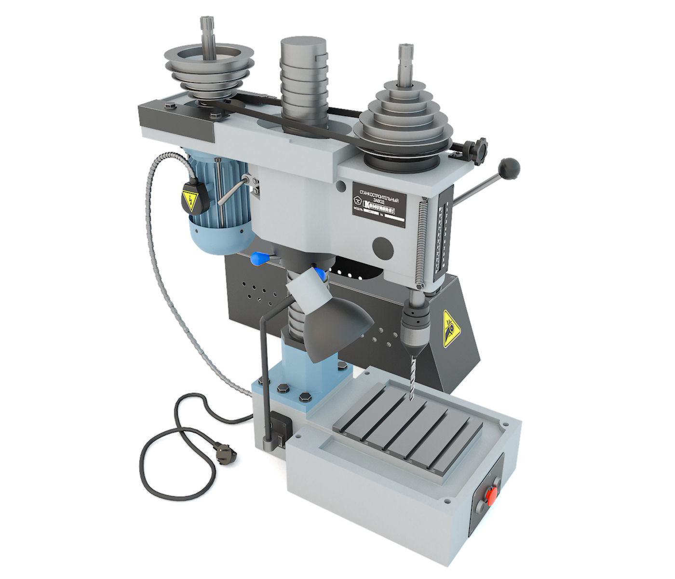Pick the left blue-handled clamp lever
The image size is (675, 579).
click(259, 259)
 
